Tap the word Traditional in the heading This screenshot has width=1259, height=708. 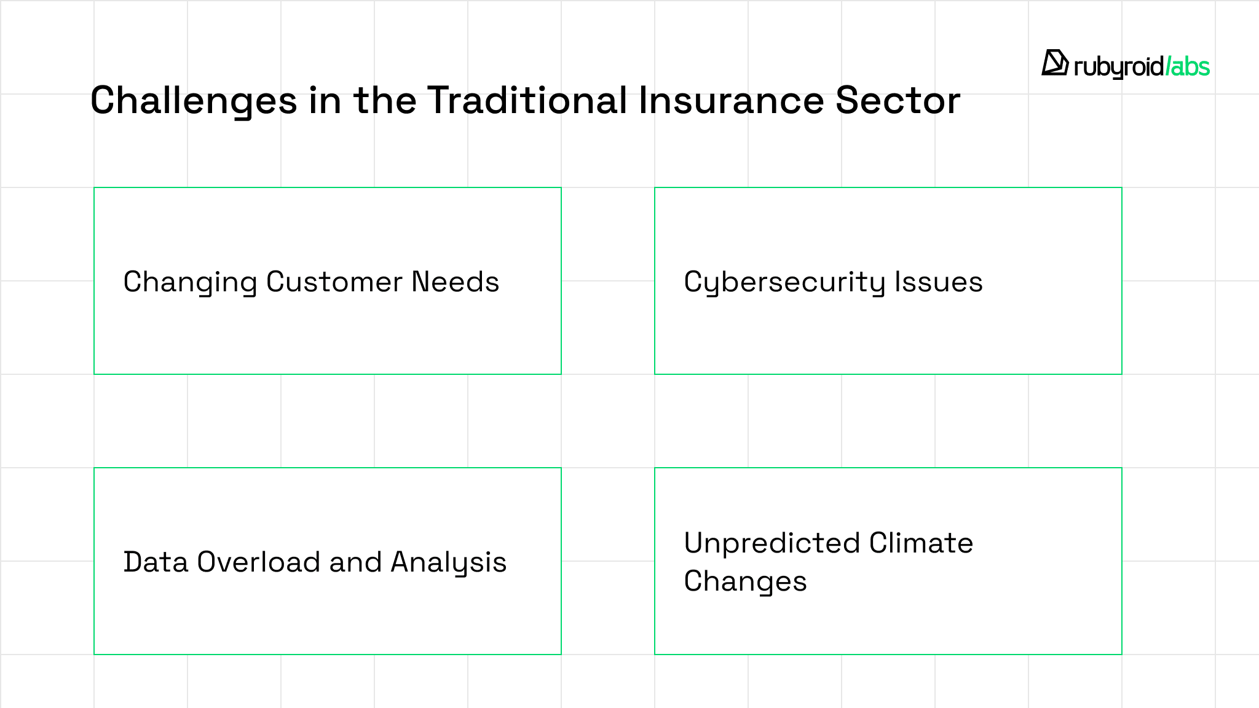(x=527, y=100)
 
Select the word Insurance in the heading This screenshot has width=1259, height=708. (x=731, y=100)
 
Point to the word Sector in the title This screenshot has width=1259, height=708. (x=898, y=100)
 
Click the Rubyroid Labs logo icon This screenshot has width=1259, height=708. (x=1055, y=63)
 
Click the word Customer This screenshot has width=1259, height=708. (x=334, y=282)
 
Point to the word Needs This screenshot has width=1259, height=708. (x=456, y=282)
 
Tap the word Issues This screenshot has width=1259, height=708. (x=939, y=282)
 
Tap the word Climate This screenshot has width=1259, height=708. (x=922, y=543)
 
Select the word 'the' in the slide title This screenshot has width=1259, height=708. (x=385, y=100)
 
